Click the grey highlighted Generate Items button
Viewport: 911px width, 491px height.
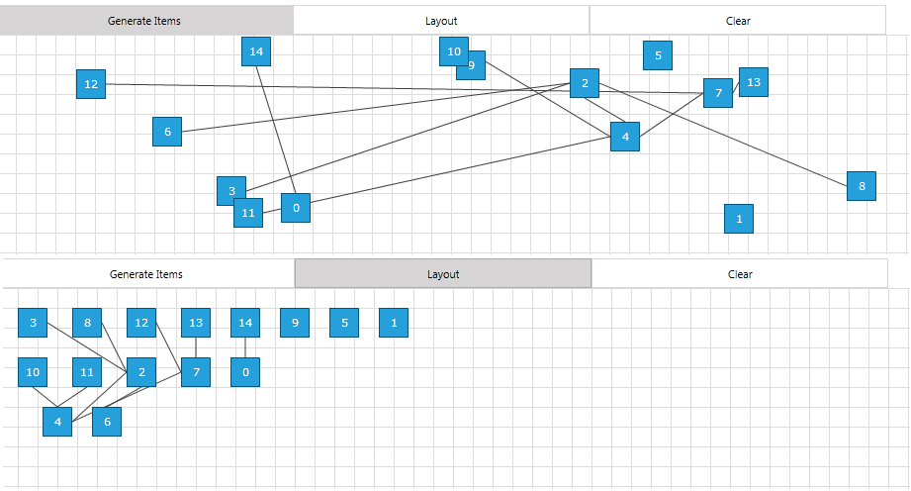click(145, 20)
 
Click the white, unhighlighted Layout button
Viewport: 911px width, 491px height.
click(441, 20)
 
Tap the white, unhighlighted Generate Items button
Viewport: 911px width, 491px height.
click(146, 274)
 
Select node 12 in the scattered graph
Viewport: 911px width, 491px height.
click(91, 84)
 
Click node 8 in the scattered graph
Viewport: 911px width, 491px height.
click(861, 186)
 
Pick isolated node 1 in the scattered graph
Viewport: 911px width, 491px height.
click(739, 219)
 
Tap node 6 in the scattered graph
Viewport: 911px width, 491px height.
click(167, 132)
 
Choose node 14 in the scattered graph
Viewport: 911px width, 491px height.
click(256, 51)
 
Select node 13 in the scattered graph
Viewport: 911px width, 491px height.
click(754, 82)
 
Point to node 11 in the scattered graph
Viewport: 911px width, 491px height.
click(248, 213)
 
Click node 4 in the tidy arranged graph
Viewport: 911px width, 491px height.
click(57, 422)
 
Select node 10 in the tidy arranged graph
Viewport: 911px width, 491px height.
click(33, 372)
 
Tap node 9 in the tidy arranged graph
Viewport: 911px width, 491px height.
click(295, 323)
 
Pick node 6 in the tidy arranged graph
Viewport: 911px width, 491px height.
click(107, 422)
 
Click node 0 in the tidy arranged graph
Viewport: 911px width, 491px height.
click(245, 372)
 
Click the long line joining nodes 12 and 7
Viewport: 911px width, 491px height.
click(396, 89)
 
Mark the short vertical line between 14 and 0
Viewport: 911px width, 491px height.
click(245, 347)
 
